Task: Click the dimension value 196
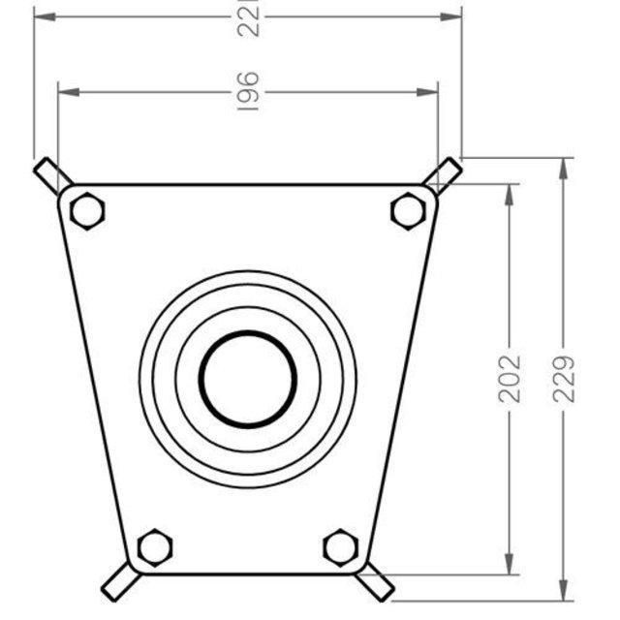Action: [248, 91]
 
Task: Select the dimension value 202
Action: [511, 379]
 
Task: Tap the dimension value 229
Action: [566, 379]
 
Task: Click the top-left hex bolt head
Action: [87, 210]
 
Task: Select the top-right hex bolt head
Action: [408, 210]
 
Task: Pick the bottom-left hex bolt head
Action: [154, 546]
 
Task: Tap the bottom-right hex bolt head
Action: [341, 546]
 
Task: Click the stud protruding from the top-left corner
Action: [51, 175]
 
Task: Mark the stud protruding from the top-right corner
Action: [443, 174]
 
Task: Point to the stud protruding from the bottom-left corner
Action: [117, 580]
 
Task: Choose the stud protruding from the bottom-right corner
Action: [376, 582]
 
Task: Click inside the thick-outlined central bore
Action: [248, 379]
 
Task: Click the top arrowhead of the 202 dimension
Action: [511, 192]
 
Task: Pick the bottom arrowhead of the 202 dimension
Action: [511, 567]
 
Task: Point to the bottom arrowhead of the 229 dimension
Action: [566, 592]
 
